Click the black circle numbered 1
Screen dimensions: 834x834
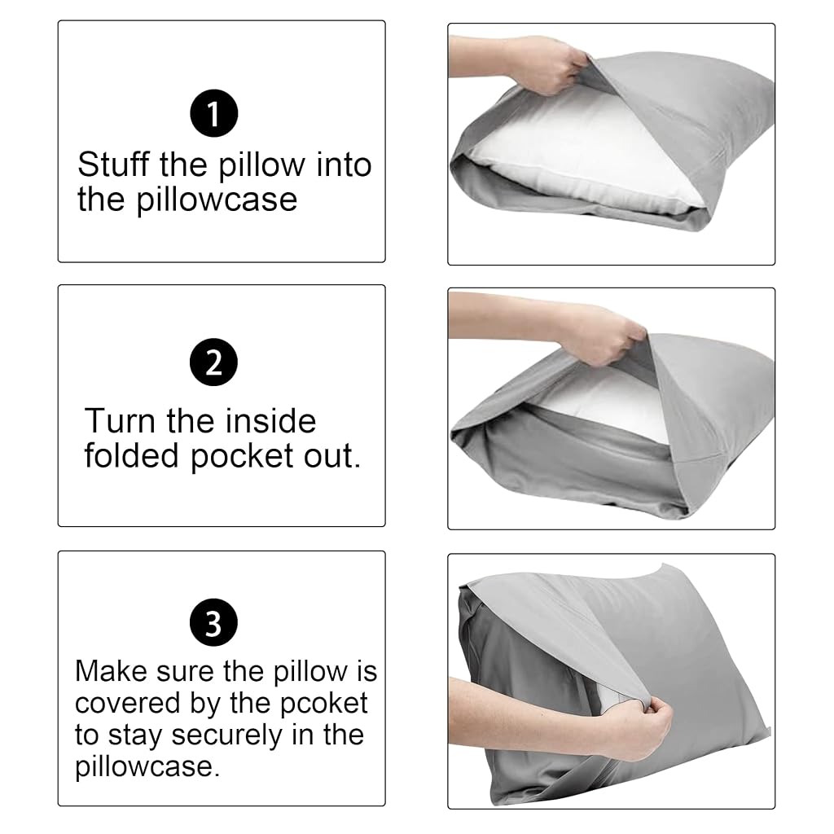[214, 113]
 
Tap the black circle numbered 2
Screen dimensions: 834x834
[214, 362]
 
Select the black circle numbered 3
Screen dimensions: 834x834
[214, 622]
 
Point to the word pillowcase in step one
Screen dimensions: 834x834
[217, 201]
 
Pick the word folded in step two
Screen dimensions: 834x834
[131, 456]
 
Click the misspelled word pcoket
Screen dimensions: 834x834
[323, 705]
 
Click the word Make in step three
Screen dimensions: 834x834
[111, 671]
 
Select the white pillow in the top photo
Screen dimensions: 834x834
[574, 160]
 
